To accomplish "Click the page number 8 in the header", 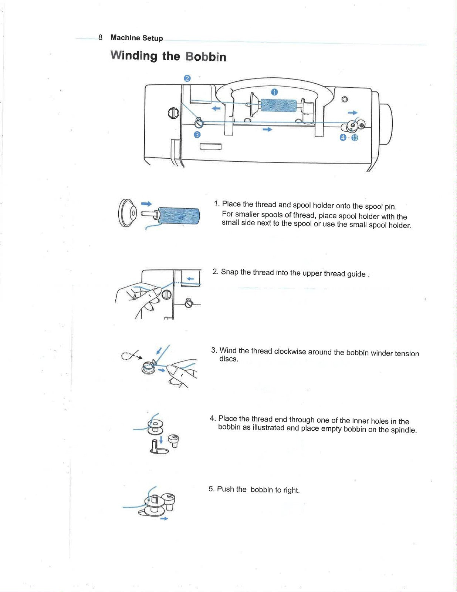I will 100,37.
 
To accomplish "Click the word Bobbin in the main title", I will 206,57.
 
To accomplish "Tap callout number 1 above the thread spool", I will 274,92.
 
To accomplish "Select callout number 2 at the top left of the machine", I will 187,78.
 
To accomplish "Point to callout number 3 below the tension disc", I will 197,135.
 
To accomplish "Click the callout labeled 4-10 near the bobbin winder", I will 349,138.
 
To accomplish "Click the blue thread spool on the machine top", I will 278,105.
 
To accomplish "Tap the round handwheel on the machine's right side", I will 386,124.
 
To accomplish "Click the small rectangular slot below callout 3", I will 210,146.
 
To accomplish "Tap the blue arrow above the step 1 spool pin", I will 146,203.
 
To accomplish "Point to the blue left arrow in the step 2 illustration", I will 191,278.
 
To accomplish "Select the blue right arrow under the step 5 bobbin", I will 164,519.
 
